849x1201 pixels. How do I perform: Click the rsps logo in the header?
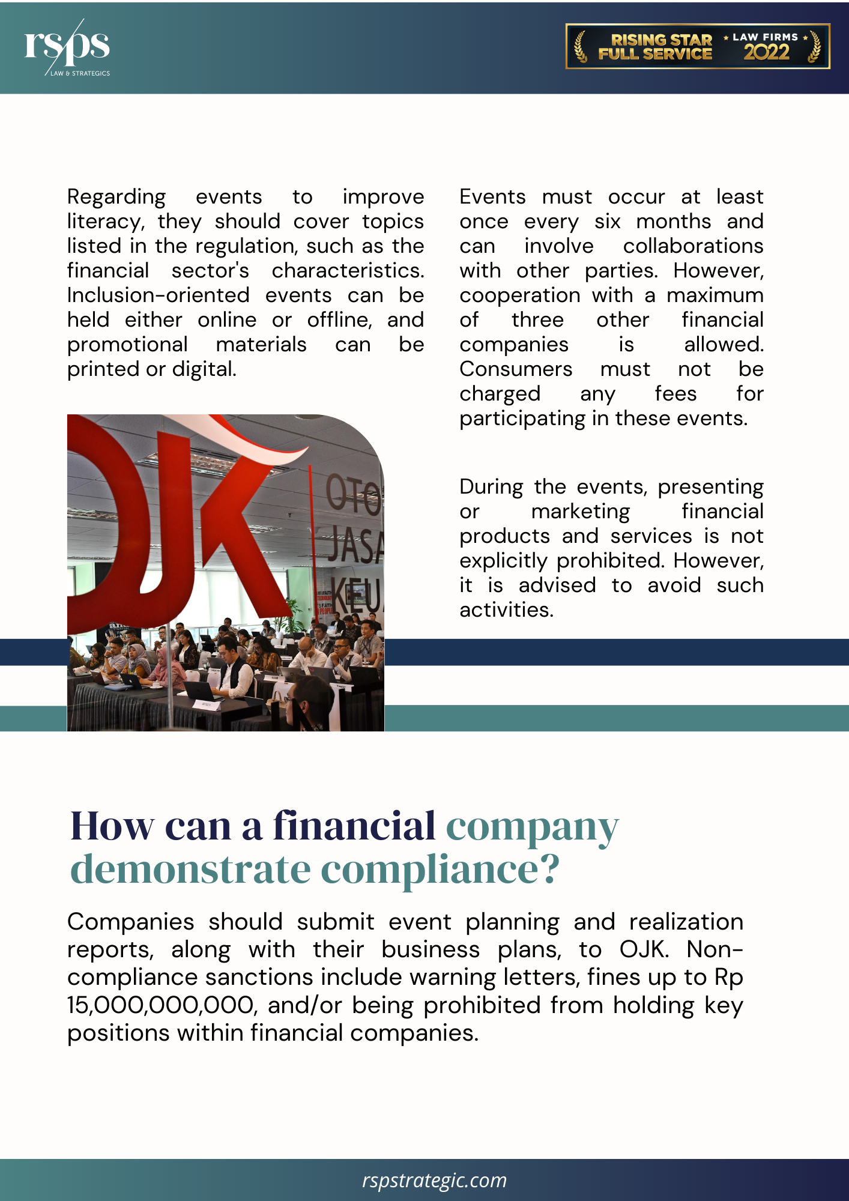click(67, 47)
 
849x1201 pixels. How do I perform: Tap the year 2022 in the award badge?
click(766, 53)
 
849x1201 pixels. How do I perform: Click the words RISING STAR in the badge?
click(660, 40)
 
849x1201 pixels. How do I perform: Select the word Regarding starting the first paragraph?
click(116, 198)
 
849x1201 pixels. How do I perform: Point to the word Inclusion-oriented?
click(158, 295)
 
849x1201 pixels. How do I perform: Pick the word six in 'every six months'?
click(607, 222)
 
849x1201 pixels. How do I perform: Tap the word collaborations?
click(693, 246)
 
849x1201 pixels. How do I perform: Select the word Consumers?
click(516, 369)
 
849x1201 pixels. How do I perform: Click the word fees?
click(675, 394)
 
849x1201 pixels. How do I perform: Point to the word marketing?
click(580, 512)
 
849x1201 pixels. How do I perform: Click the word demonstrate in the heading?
click(190, 870)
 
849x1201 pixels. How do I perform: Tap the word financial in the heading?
click(354, 826)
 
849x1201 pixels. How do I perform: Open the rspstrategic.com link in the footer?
click(434, 1180)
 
